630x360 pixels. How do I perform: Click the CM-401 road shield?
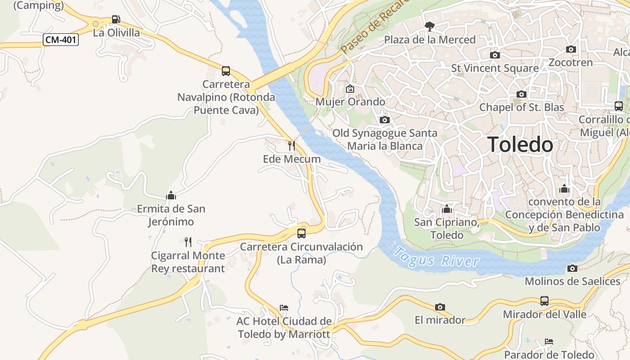tap(61, 40)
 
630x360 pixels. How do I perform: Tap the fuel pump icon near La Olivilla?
tap(116, 19)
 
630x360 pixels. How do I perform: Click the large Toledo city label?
tap(520, 144)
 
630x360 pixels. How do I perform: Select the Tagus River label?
tap(436, 257)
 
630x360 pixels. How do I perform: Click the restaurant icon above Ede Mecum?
tap(292, 145)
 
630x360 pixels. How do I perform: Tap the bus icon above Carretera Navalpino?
tap(226, 71)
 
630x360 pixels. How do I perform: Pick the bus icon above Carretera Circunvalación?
tap(301, 233)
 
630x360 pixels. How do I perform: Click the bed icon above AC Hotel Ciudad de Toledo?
tap(284, 308)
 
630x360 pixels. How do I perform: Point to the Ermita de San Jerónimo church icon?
tap(171, 195)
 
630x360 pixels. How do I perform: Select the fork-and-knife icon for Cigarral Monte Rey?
tap(188, 242)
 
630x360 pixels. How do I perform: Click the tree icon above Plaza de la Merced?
tap(430, 26)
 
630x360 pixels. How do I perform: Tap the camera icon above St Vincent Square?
tap(495, 55)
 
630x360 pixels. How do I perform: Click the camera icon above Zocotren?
tap(571, 49)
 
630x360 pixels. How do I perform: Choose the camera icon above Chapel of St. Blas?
tap(522, 94)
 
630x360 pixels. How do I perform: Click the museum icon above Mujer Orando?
tap(350, 89)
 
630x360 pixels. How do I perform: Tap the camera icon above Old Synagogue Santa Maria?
tap(385, 120)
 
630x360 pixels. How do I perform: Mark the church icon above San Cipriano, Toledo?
tap(447, 209)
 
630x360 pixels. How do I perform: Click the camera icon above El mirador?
tap(440, 307)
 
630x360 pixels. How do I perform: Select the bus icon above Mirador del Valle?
tap(544, 301)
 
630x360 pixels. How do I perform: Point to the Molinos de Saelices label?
tap(572, 281)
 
